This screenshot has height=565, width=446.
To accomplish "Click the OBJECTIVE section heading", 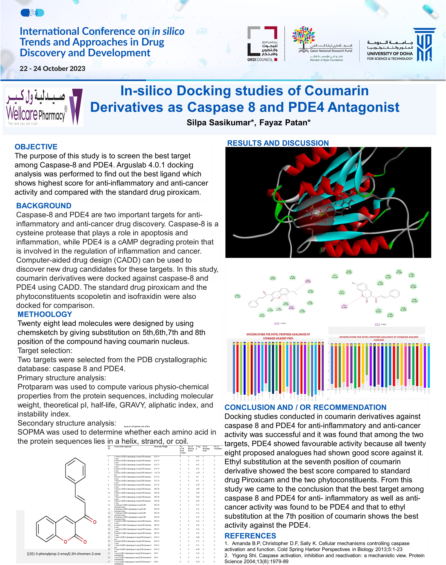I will pos(36,147).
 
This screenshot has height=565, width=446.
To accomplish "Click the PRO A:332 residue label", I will pos(237,296).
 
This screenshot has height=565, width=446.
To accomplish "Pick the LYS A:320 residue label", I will pos(335,276).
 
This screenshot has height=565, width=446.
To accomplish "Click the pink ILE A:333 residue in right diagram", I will pos(344,306).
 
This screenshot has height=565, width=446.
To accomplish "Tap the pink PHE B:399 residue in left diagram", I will pos(308,281).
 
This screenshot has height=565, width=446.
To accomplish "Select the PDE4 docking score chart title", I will pos(278,336).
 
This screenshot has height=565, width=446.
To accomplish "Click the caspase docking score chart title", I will pos(379,338).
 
